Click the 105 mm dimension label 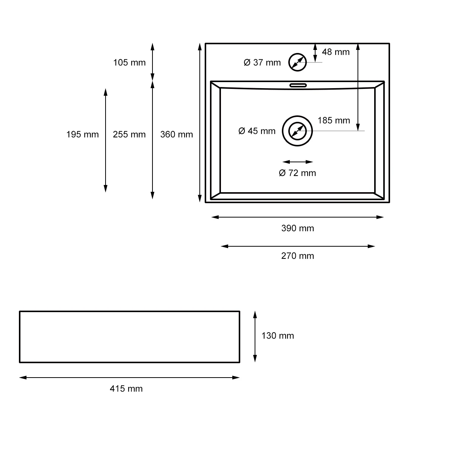(129, 62)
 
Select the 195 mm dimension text (82, 134)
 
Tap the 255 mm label (129, 134)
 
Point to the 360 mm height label (176, 134)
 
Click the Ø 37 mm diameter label (262, 62)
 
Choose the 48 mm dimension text (336, 52)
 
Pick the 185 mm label (334, 120)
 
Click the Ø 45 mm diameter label (257, 131)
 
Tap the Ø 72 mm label (297, 173)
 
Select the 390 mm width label (298, 228)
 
